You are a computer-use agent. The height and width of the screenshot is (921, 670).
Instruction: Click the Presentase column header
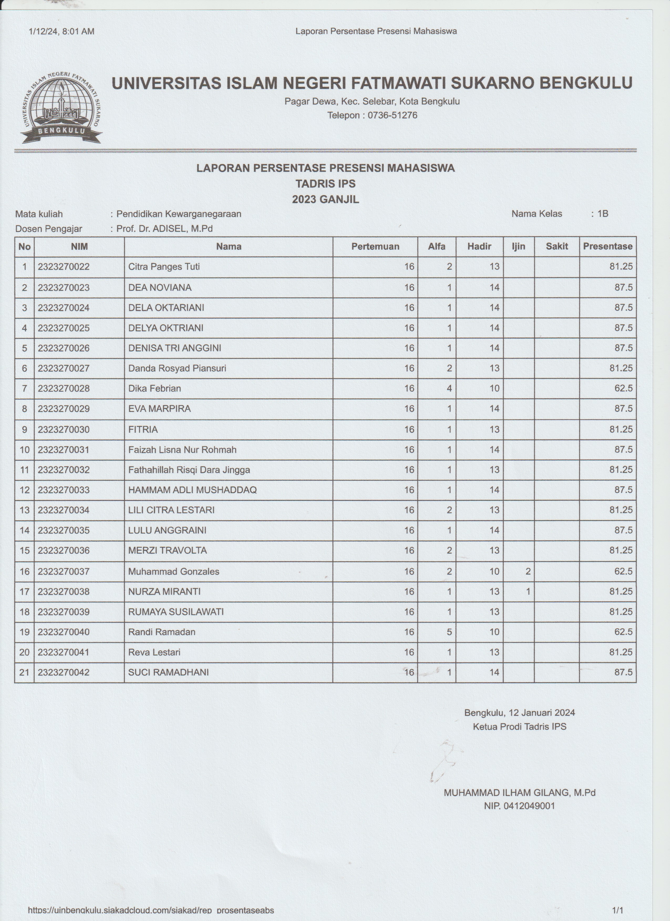(x=607, y=246)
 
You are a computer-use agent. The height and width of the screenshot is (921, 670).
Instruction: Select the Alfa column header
(x=436, y=246)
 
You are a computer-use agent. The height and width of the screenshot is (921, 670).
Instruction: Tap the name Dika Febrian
(x=154, y=389)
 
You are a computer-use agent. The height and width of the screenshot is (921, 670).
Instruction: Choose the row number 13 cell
(x=25, y=510)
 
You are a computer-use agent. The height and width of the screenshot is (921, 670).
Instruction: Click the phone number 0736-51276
(x=392, y=115)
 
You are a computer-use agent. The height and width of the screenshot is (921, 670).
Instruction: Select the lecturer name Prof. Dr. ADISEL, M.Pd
(x=164, y=229)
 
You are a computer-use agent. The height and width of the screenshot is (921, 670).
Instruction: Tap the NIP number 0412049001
(x=529, y=806)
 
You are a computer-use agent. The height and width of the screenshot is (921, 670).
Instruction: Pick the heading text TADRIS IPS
(x=325, y=184)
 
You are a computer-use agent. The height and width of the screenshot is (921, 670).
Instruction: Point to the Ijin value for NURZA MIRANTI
(x=528, y=592)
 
